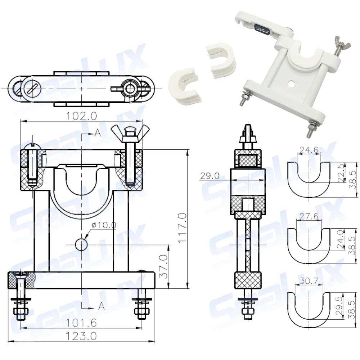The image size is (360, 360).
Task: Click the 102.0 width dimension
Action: point(81,116)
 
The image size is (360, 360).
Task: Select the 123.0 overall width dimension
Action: point(81,336)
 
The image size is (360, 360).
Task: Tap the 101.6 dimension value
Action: point(81,323)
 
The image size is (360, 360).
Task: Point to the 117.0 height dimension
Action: point(183,228)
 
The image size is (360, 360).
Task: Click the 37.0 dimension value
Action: point(163,266)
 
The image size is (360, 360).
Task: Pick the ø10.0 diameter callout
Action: point(104,225)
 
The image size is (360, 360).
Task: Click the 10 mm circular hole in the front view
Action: point(81,245)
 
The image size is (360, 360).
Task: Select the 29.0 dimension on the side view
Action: point(210,176)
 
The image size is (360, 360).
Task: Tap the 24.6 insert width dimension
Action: point(309,150)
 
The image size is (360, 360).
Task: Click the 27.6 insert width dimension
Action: point(309,216)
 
